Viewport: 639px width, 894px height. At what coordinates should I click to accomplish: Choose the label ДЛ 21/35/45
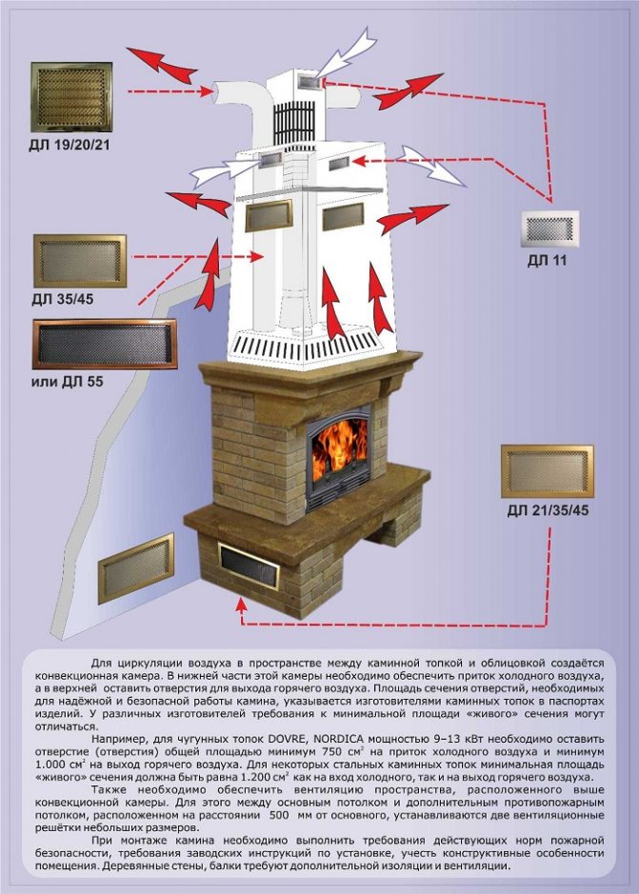point(548,511)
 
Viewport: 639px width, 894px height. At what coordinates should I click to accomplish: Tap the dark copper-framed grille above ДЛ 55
point(105,344)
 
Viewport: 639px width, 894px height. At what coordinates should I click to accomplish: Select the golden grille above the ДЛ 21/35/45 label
point(548,470)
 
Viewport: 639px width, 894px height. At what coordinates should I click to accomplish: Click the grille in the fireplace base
point(250,566)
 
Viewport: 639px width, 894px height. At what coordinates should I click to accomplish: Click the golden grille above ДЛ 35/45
point(80,262)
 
